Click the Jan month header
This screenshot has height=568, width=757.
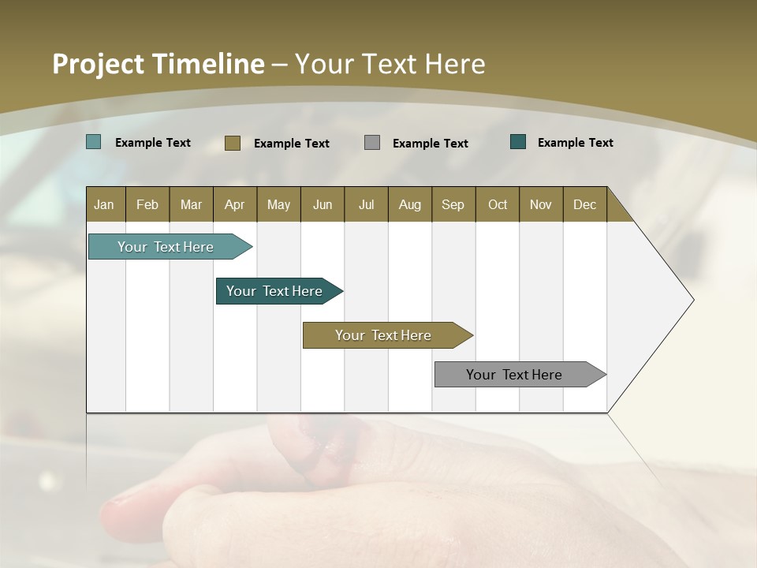point(104,204)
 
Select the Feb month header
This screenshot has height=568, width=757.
point(147,204)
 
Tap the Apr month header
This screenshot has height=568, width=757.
point(234,204)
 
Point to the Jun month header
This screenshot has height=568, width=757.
point(323,204)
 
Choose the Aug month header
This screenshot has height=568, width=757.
point(409,204)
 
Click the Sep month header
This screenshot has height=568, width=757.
point(453,204)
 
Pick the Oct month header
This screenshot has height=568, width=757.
point(498,204)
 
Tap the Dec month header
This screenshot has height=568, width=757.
point(584,204)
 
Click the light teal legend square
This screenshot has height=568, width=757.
point(93,142)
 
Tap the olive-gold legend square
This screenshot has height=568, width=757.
point(232,143)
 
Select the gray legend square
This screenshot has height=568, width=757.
point(372,142)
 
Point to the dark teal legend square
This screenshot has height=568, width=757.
point(518,142)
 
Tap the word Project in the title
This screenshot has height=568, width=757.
point(98,64)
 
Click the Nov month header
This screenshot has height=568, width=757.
point(541,204)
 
